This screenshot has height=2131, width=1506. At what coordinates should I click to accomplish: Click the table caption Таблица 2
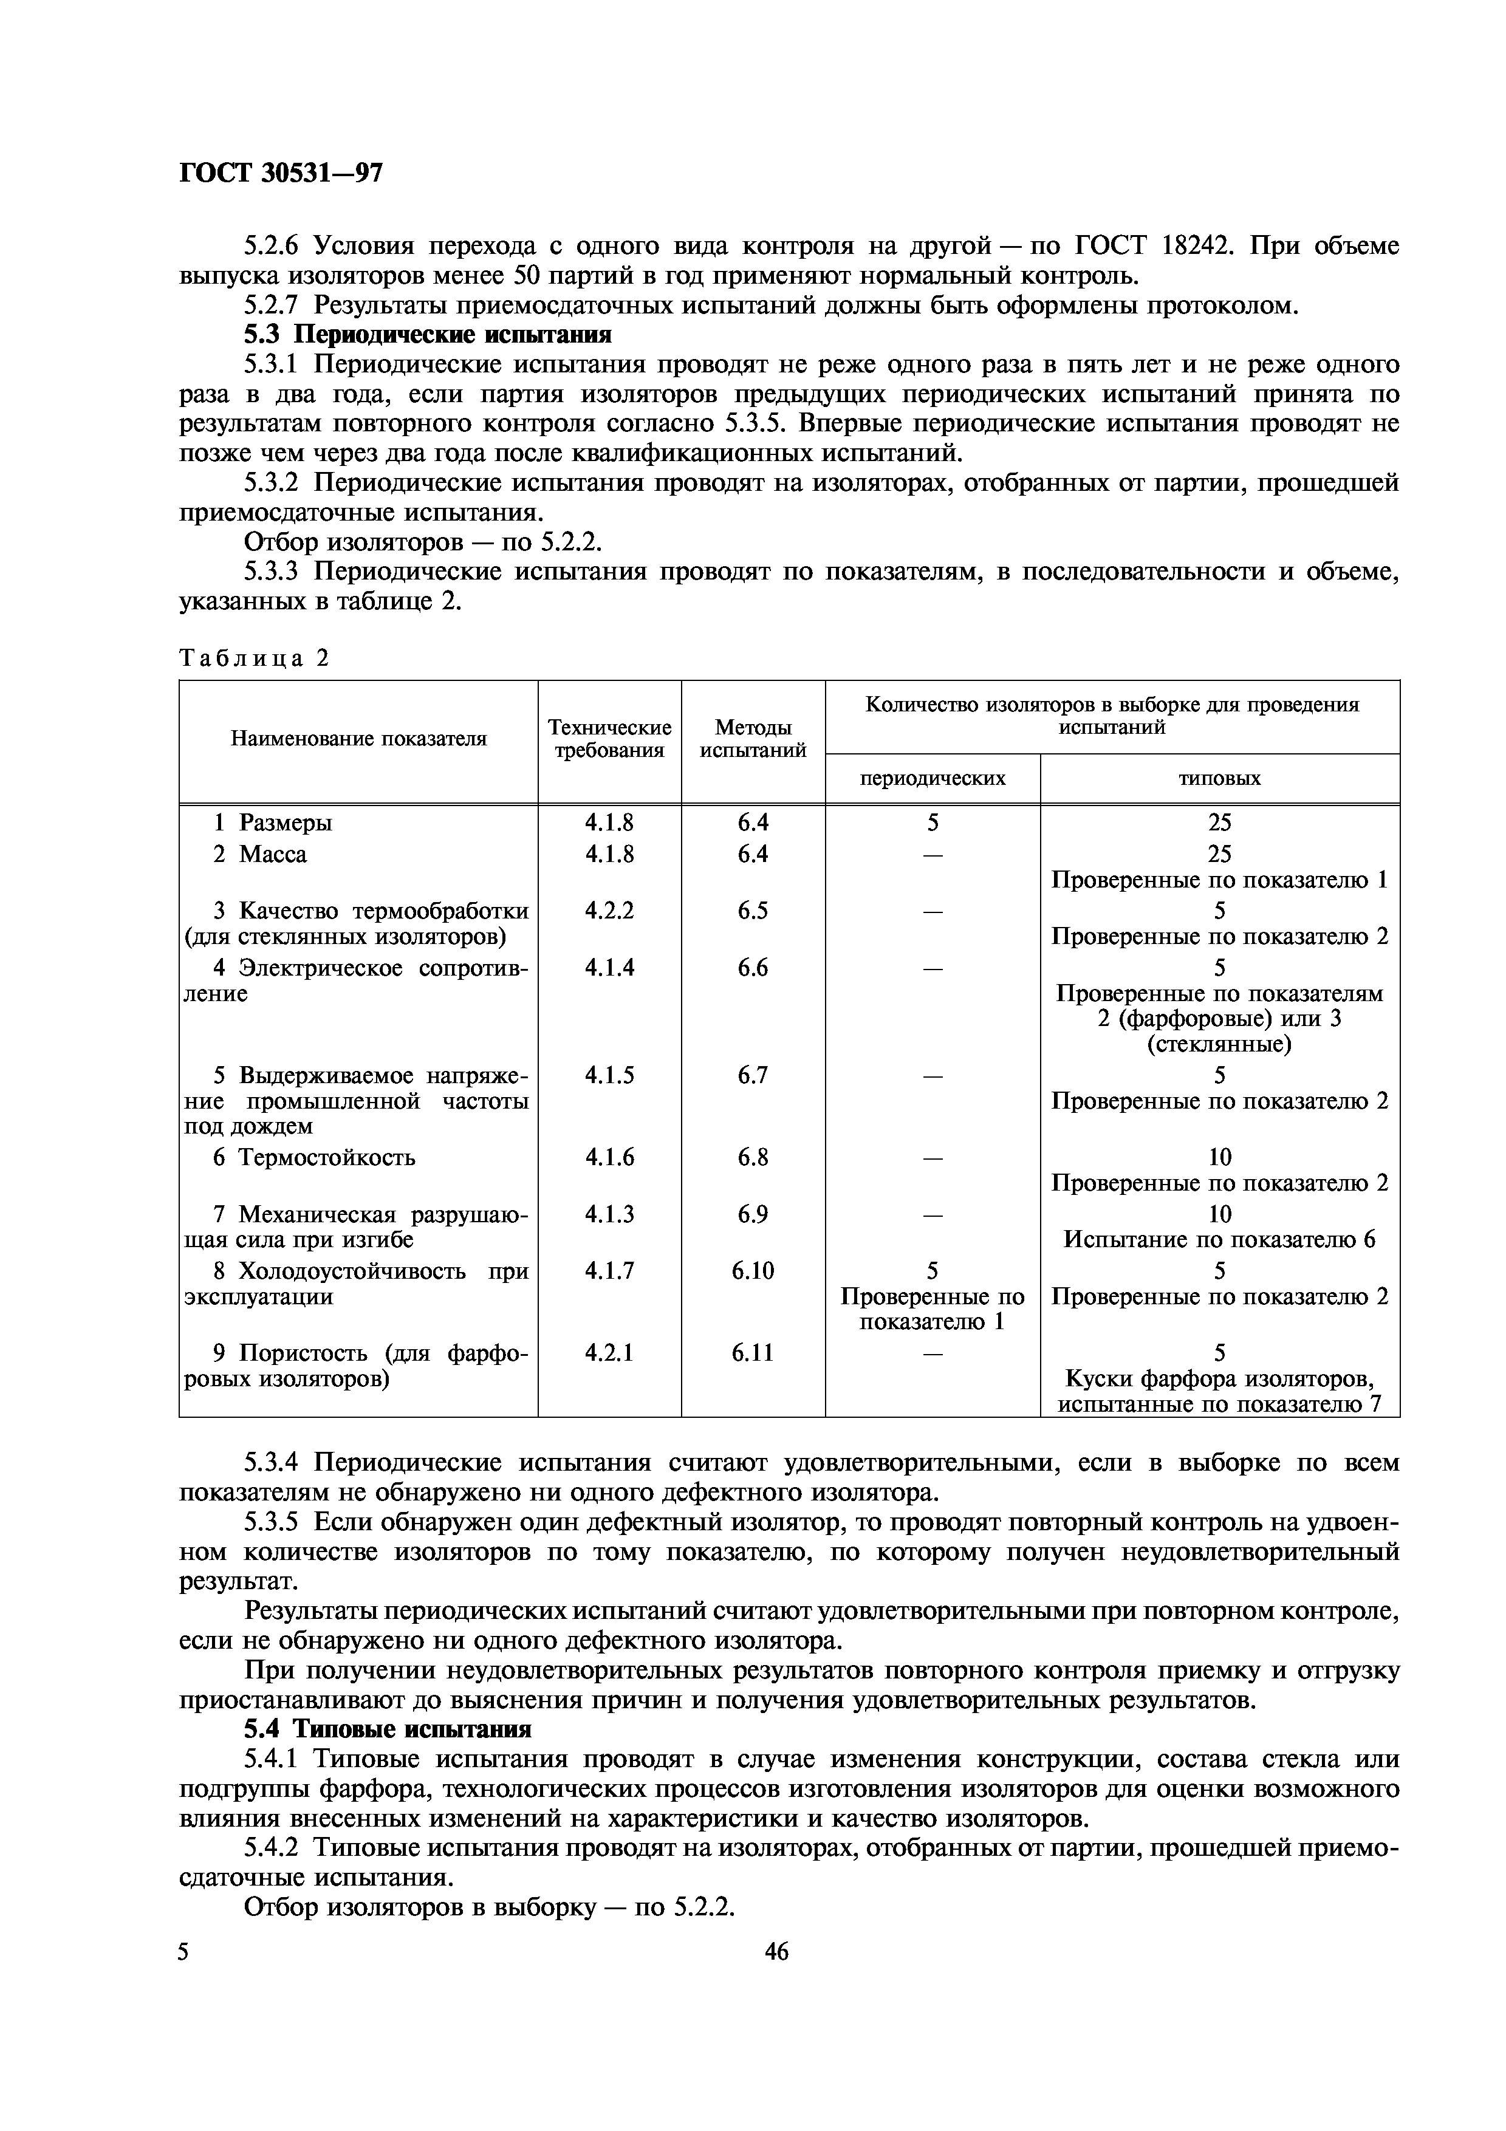pyautogui.click(x=255, y=658)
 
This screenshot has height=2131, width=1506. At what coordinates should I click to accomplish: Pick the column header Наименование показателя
pyautogui.click(x=358, y=739)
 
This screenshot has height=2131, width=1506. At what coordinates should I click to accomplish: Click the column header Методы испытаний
pyautogui.click(x=753, y=739)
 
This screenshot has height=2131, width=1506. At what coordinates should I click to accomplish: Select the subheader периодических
pyautogui.click(x=933, y=778)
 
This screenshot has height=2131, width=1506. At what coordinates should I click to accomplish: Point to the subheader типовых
pyautogui.click(x=1219, y=778)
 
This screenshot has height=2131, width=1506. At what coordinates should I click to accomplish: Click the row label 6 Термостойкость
pyautogui.click(x=315, y=1157)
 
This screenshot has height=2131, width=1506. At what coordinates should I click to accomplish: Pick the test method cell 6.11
pyautogui.click(x=753, y=1353)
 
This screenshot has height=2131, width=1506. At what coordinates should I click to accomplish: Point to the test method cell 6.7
pyautogui.click(x=753, y=1075)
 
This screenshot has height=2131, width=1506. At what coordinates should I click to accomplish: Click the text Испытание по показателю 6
pyautogui.click(x=1219, y=1240)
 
